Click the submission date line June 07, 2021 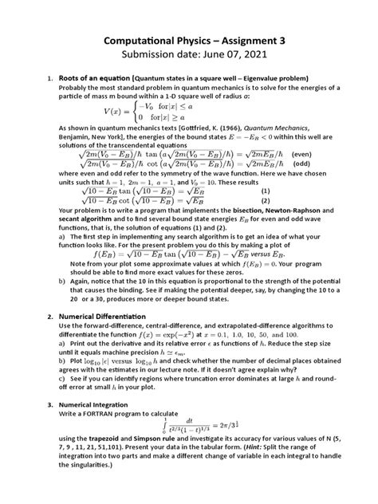click(188, 56)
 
